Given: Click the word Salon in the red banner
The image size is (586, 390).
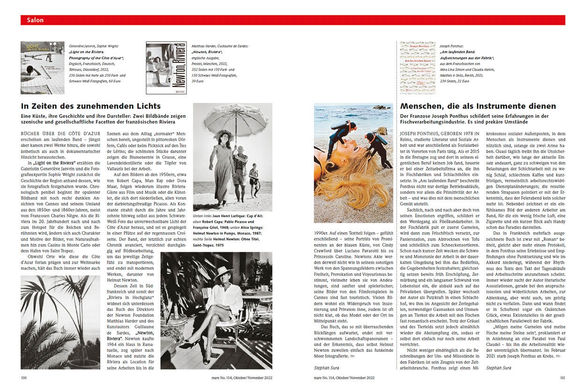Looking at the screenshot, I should tap(36, 20).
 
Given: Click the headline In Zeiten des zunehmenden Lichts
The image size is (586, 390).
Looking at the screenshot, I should tap(91, 106).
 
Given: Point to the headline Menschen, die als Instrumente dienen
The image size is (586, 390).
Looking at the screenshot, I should tap(478, 106).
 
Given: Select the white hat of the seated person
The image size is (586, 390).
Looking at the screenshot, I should tap(223, 272).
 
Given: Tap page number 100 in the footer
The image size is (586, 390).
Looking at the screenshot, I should tap(24, 377).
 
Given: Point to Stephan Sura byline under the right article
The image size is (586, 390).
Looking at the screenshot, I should tap(498, 368).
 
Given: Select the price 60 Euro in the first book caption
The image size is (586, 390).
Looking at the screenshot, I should tap(115, 81).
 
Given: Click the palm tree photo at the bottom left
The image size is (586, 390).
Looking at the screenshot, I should tap(60, 322).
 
